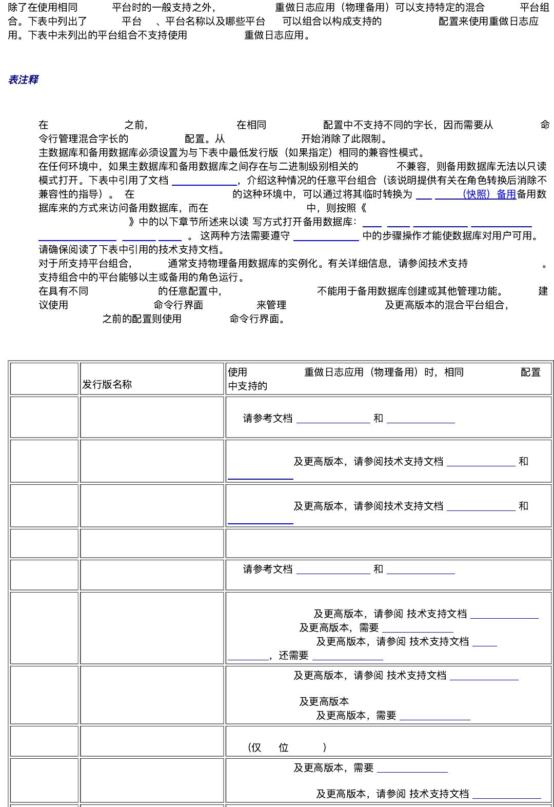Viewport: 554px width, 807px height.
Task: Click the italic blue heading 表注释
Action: [23, 80]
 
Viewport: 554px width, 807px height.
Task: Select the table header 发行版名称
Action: [107, 384]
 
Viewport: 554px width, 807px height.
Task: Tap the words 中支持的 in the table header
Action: [247, 386]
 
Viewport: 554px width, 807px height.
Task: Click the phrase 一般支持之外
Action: [183, 7]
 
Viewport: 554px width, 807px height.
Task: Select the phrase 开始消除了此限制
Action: [344, 139]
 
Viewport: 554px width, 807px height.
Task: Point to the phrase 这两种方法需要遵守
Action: [245, 235]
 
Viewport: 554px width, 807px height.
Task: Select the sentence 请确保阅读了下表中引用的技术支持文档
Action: [132, 249]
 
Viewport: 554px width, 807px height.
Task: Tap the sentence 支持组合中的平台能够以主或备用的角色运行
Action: [142, 277]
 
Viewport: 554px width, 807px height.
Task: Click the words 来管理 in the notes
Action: [271, 305]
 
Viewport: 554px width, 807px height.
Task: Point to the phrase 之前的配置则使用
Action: [142, 319]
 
